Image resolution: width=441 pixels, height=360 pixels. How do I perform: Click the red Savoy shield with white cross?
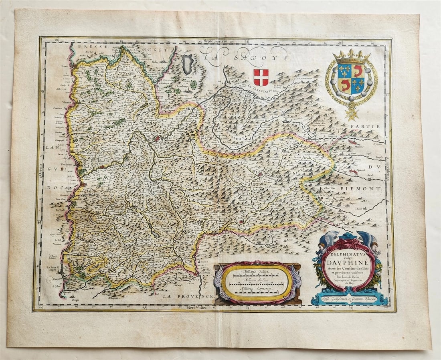click(261, 77)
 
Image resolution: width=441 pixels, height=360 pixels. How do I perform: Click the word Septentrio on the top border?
click(215, 41)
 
